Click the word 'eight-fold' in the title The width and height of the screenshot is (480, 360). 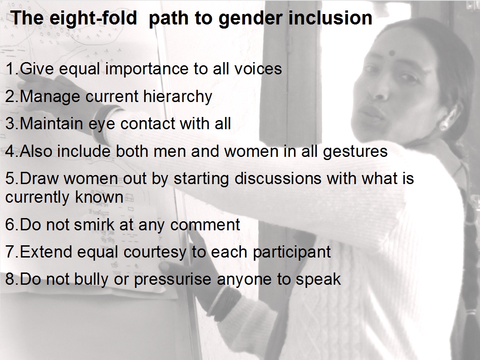coord(93,18)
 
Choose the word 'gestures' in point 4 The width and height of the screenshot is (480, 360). coord(355,152)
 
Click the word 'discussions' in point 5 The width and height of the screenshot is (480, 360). coord(278,179)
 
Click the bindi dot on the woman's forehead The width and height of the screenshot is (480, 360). coord(392,54)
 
